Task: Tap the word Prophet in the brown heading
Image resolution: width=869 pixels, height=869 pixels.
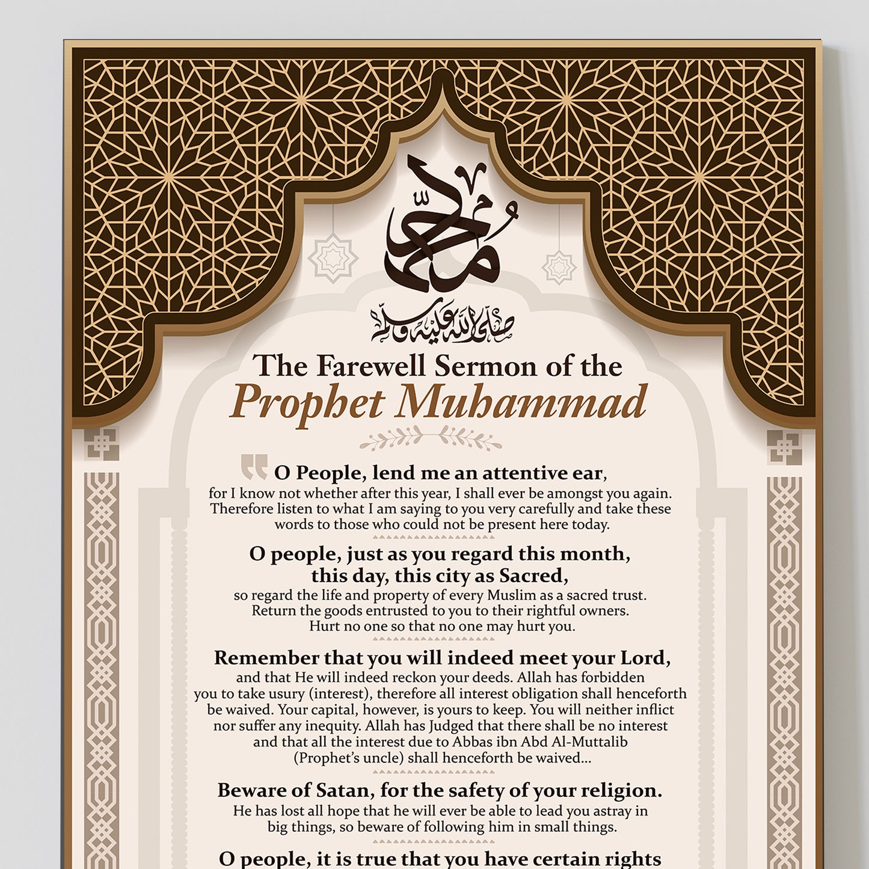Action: (307, 402)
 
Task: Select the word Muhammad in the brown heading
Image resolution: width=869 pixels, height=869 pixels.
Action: (521, 402)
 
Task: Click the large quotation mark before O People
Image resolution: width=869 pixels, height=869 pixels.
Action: (254, 467)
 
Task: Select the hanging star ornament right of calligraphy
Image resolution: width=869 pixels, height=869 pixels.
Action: (559, 267)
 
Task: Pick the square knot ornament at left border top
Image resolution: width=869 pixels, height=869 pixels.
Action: (101, 445)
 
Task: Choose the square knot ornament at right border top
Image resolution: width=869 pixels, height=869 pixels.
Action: (784, 447)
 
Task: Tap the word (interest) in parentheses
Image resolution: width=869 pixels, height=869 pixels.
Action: (340, 693)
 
